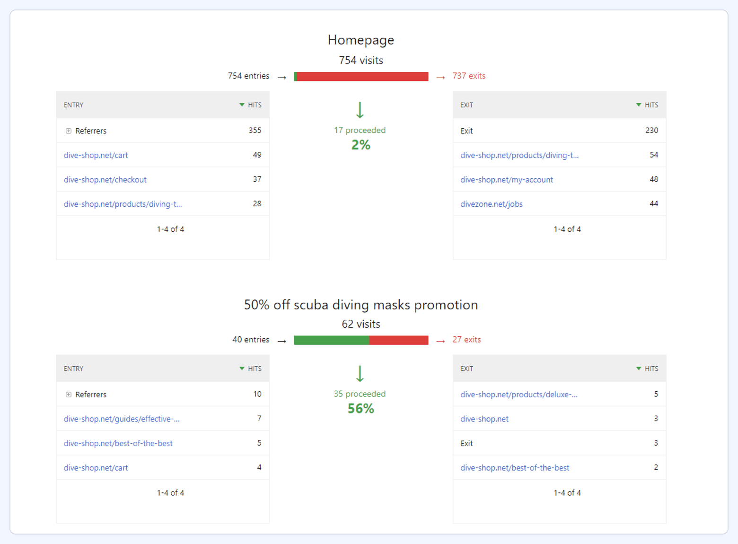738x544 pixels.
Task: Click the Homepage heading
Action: click(360, 40)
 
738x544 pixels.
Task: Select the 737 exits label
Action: click(468, 76)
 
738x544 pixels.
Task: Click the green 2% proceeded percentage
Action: click(360, 145)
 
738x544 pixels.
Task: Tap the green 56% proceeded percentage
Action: click(360, 409)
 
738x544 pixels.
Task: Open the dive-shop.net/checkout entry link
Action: click(105, 180)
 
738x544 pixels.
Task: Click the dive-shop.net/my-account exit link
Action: click(506, 180)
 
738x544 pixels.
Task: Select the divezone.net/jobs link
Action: click(491, 204)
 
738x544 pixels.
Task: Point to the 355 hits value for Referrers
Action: click(255, 131)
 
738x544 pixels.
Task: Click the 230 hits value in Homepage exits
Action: click(651, 131)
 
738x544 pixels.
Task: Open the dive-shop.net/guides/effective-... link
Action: click(122, 419)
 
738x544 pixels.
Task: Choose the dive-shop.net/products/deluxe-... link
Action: click(518, 395)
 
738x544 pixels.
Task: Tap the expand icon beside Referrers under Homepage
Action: click(69, 131)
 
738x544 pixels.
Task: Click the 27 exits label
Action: click(466, 340)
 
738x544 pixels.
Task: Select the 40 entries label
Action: click(251, 340)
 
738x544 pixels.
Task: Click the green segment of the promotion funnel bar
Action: click(331, 340)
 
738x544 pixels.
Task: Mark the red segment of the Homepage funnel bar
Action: click(362, 77)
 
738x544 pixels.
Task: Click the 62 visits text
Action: click(360, 324)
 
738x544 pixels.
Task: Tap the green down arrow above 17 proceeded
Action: click(360, 110)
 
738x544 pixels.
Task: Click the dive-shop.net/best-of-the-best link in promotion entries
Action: click(118, 444)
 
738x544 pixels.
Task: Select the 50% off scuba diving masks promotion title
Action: click(360, 305)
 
